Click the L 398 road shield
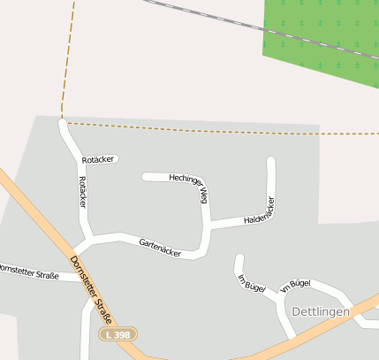click(117, 334)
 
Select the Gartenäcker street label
click(160, 247)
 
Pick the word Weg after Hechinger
click(203, 194)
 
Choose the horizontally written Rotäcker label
click(98, 159)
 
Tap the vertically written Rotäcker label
click(83, 192)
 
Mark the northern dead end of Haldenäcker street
click(271, 161)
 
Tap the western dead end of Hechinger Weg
click(146, 177)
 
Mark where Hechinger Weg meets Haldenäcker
click(208, 225)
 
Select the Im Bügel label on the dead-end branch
click(252, 284)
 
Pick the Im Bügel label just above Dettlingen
click(295, 286)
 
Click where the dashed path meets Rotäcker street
click(62, 120)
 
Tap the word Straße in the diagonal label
click(103, 310)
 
